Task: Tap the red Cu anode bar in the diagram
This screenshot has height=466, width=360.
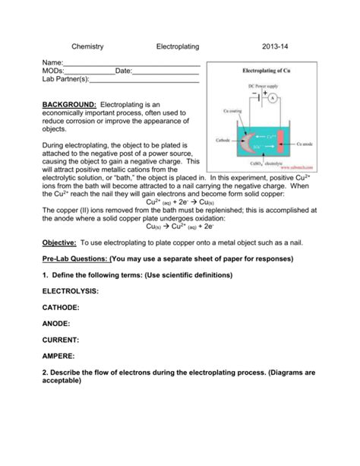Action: pos(281,143)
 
